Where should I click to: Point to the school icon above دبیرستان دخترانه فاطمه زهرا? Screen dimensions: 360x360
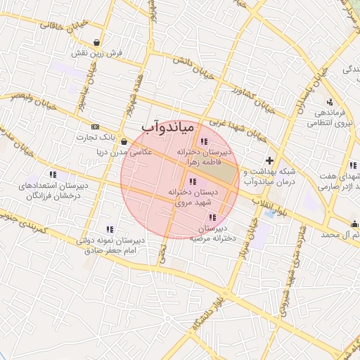[203, 143]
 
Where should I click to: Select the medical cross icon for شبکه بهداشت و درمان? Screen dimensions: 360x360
[269, 161]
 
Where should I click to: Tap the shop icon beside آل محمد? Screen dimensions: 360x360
[354, 224]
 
